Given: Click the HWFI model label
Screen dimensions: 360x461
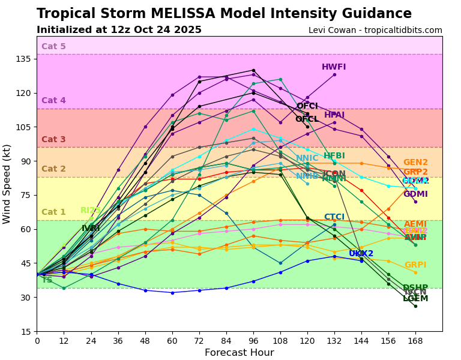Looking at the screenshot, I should coord(334,67).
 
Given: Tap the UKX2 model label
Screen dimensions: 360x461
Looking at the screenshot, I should coord(361,254).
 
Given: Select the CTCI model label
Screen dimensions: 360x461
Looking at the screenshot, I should coord(334,217).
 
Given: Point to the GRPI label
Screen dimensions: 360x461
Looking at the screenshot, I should coord(415,265).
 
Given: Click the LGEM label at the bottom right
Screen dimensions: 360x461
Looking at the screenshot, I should coord(415,299).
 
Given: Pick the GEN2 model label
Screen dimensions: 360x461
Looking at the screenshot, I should coord(415,163).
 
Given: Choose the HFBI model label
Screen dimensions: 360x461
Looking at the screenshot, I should coord(334,156).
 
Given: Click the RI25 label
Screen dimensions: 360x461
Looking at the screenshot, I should coord(91,211).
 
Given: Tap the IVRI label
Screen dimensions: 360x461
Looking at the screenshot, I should coord(91,229).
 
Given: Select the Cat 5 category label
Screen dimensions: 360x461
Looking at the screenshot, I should coord(53,47).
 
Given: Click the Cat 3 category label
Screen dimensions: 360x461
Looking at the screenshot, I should coord(53,140).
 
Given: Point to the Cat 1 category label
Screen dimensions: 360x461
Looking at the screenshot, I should coord(53,212).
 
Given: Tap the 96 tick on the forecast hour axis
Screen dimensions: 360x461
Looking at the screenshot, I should coord(253,341).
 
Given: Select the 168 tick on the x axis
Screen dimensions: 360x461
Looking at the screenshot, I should coord(415,341).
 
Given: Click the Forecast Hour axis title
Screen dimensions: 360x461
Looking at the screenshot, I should coord(239,353).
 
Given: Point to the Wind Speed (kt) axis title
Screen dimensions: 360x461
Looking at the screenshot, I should coord(7,184).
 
